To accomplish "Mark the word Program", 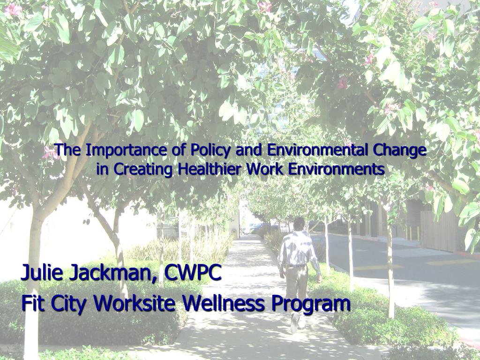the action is click(310, 304).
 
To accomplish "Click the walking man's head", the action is click(299, 224).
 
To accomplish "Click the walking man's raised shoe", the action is click(295, 322).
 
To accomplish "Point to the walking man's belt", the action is click(295, 266).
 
